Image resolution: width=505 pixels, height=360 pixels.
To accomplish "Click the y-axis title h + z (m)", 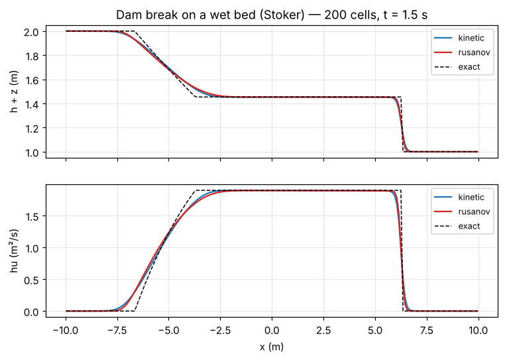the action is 14,91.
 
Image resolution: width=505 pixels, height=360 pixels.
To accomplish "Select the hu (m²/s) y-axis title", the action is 14,251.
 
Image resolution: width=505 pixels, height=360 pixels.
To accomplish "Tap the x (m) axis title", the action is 272,347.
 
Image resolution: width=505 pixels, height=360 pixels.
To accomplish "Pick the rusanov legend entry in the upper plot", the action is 462,52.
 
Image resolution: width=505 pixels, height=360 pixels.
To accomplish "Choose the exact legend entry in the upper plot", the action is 457,67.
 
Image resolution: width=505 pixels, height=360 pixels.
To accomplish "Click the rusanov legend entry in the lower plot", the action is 462,211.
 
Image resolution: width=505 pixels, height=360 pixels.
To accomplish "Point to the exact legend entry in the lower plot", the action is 457,226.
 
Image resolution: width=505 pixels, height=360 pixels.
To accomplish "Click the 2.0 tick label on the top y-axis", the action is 31,32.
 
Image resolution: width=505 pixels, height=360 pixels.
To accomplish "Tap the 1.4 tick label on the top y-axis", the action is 31,104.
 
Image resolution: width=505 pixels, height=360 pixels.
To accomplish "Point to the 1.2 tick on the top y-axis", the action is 31,128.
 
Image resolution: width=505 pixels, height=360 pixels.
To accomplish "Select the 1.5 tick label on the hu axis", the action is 31,216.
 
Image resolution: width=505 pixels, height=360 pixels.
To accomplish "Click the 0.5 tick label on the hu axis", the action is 31,280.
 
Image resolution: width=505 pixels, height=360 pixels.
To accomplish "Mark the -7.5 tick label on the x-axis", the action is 117,331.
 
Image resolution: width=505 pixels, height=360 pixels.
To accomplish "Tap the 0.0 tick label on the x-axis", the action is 272,331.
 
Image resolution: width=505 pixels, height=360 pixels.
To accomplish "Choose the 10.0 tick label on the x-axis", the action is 478,331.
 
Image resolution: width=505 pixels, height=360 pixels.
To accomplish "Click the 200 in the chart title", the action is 334,15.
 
